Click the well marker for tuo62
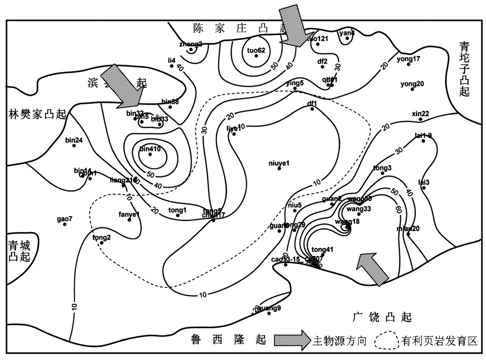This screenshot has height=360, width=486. (x=256, y=56)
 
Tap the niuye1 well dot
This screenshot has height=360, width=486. (x=279, y=168)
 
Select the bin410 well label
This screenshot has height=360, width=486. (x=150, y=149)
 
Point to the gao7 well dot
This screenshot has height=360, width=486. (x=65, y=224)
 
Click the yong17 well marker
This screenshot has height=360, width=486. (x=409, y=64)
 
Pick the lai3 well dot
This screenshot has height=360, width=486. (x=424, y=188)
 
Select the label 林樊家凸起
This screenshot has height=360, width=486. (x=37, y=114)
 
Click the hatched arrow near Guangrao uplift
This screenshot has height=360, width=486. (x=372, y=268)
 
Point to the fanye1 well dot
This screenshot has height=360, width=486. (x=129, y=220)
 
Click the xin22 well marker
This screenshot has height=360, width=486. (x=420, y=119)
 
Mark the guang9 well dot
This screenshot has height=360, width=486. (x=269, y=313)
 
